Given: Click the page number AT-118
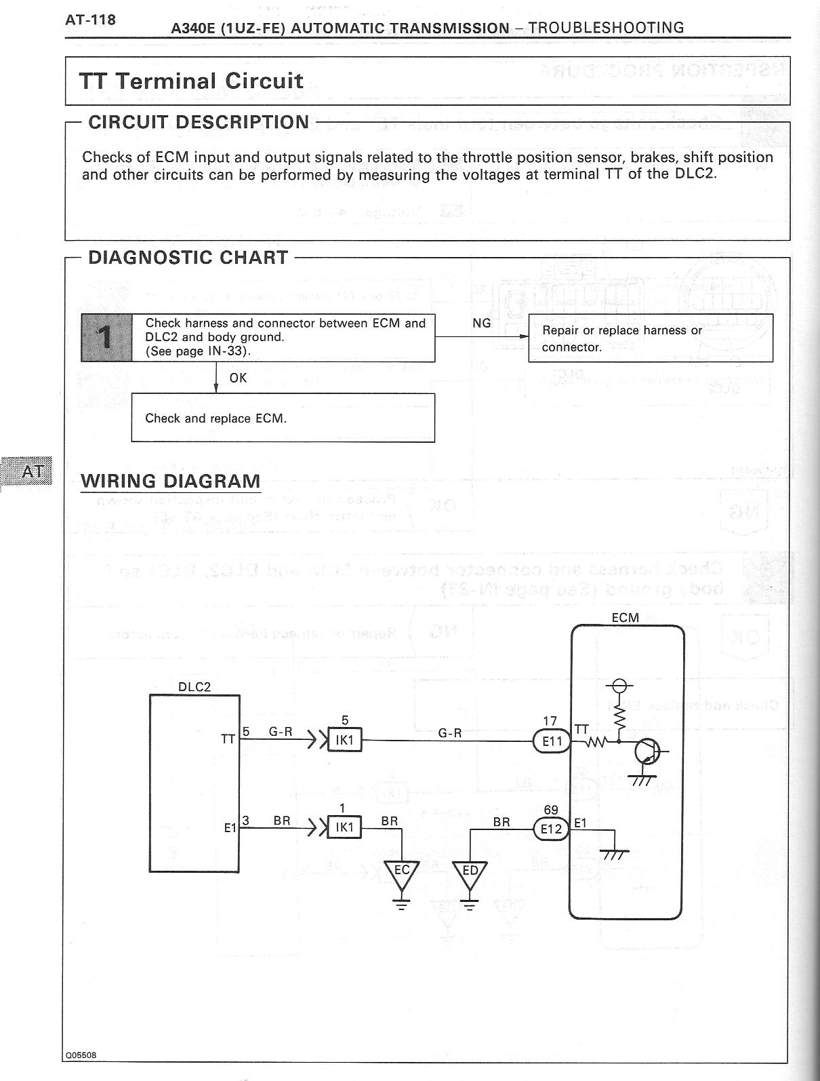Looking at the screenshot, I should tap(90, 20).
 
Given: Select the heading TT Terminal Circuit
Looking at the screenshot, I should tap(191, 81).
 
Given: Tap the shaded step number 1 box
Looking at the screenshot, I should tap(106, 337).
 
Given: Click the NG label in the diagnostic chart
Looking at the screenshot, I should tap(481, 323).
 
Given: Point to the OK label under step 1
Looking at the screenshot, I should tap(238, 378).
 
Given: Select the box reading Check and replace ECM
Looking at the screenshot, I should tap(283, 418).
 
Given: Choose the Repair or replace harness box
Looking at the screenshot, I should tap(650, 338).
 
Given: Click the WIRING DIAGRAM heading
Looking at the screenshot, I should tap(170, 481).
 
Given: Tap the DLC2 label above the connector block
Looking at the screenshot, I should tap(194, 686).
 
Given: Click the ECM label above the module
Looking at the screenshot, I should tap(625, 618).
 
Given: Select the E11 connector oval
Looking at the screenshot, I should tap(552, 741).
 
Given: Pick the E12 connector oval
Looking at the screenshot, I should tap(552, 828).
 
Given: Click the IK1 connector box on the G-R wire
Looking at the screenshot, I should tap(345, 740).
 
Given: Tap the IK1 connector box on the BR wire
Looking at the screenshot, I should tap(345, 827).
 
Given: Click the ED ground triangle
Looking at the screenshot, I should tap(470, 873).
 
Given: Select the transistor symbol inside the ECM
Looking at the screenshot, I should tap(648, 751).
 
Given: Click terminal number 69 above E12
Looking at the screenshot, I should tap(551, 810).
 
